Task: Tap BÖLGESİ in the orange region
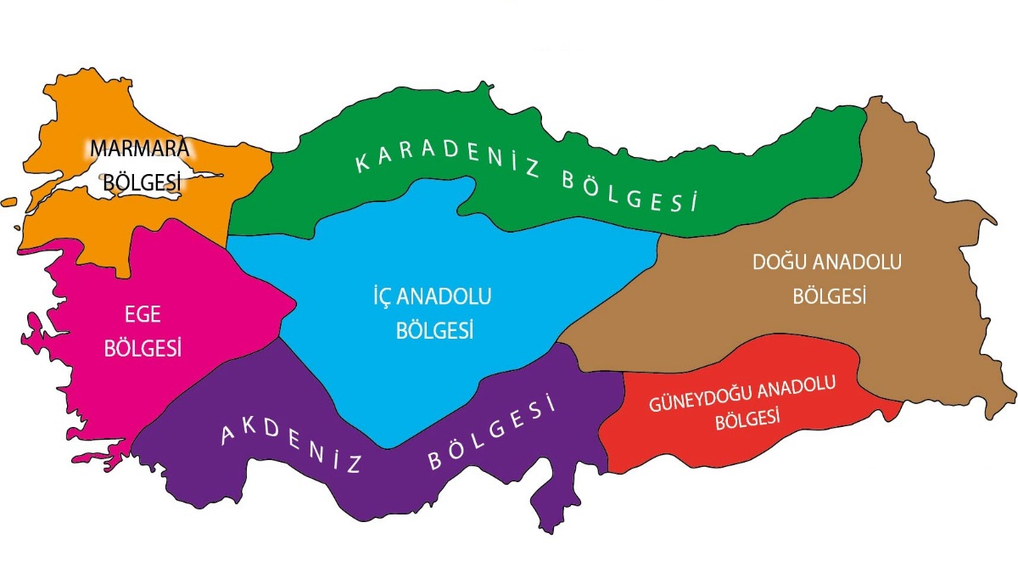(140, 183)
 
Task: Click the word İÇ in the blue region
(373, 297)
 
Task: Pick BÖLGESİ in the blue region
(434, 330)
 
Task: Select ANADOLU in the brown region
(859, 262)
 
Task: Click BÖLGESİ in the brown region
(830, 296)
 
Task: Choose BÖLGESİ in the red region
(747, 419)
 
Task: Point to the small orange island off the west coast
(9, 202)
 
